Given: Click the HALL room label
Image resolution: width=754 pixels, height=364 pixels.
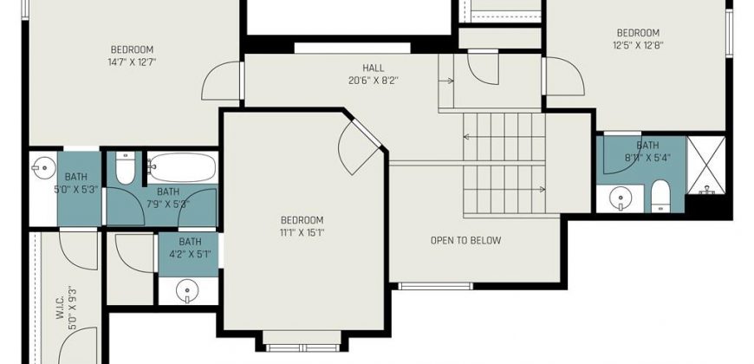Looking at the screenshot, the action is (x=374, y=68).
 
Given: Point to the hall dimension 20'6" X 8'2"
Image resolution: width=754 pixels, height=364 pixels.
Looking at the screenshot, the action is (x=374, y=81).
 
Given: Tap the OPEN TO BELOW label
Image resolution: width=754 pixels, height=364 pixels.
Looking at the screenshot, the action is (x=465, y=240).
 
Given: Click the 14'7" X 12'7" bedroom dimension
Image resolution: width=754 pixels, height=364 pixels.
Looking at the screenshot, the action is (x=133, y=62).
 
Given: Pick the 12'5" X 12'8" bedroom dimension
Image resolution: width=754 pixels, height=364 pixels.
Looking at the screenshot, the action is (x=638, y=46).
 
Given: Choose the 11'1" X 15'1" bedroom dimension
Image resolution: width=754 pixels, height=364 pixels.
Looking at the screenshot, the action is (x=302, y=233).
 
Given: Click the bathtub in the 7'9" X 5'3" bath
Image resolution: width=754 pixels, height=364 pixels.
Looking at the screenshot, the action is (x=182, y=167).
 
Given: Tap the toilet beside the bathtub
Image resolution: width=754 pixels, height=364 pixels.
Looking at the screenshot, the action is (x=125, y=168).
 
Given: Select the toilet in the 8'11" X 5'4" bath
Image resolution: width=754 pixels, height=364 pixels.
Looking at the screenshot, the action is (x=660, y=196).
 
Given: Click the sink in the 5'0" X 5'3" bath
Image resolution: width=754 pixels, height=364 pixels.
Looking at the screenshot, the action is (x=43, y=168).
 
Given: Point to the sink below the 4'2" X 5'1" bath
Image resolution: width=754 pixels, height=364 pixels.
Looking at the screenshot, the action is (x=187, y=291).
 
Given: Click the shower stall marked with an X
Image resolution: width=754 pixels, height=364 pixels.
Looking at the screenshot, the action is (x=706, y=166).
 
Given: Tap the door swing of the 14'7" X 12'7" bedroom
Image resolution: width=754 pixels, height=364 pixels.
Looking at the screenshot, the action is (x=220, y=81).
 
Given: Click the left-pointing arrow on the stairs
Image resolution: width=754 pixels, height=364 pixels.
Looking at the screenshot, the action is (x=504, y=137).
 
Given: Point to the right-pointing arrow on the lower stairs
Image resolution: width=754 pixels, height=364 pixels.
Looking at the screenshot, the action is (x=504, y=190).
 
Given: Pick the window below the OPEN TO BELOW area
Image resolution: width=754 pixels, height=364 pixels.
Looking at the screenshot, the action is (x=436, y=286).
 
